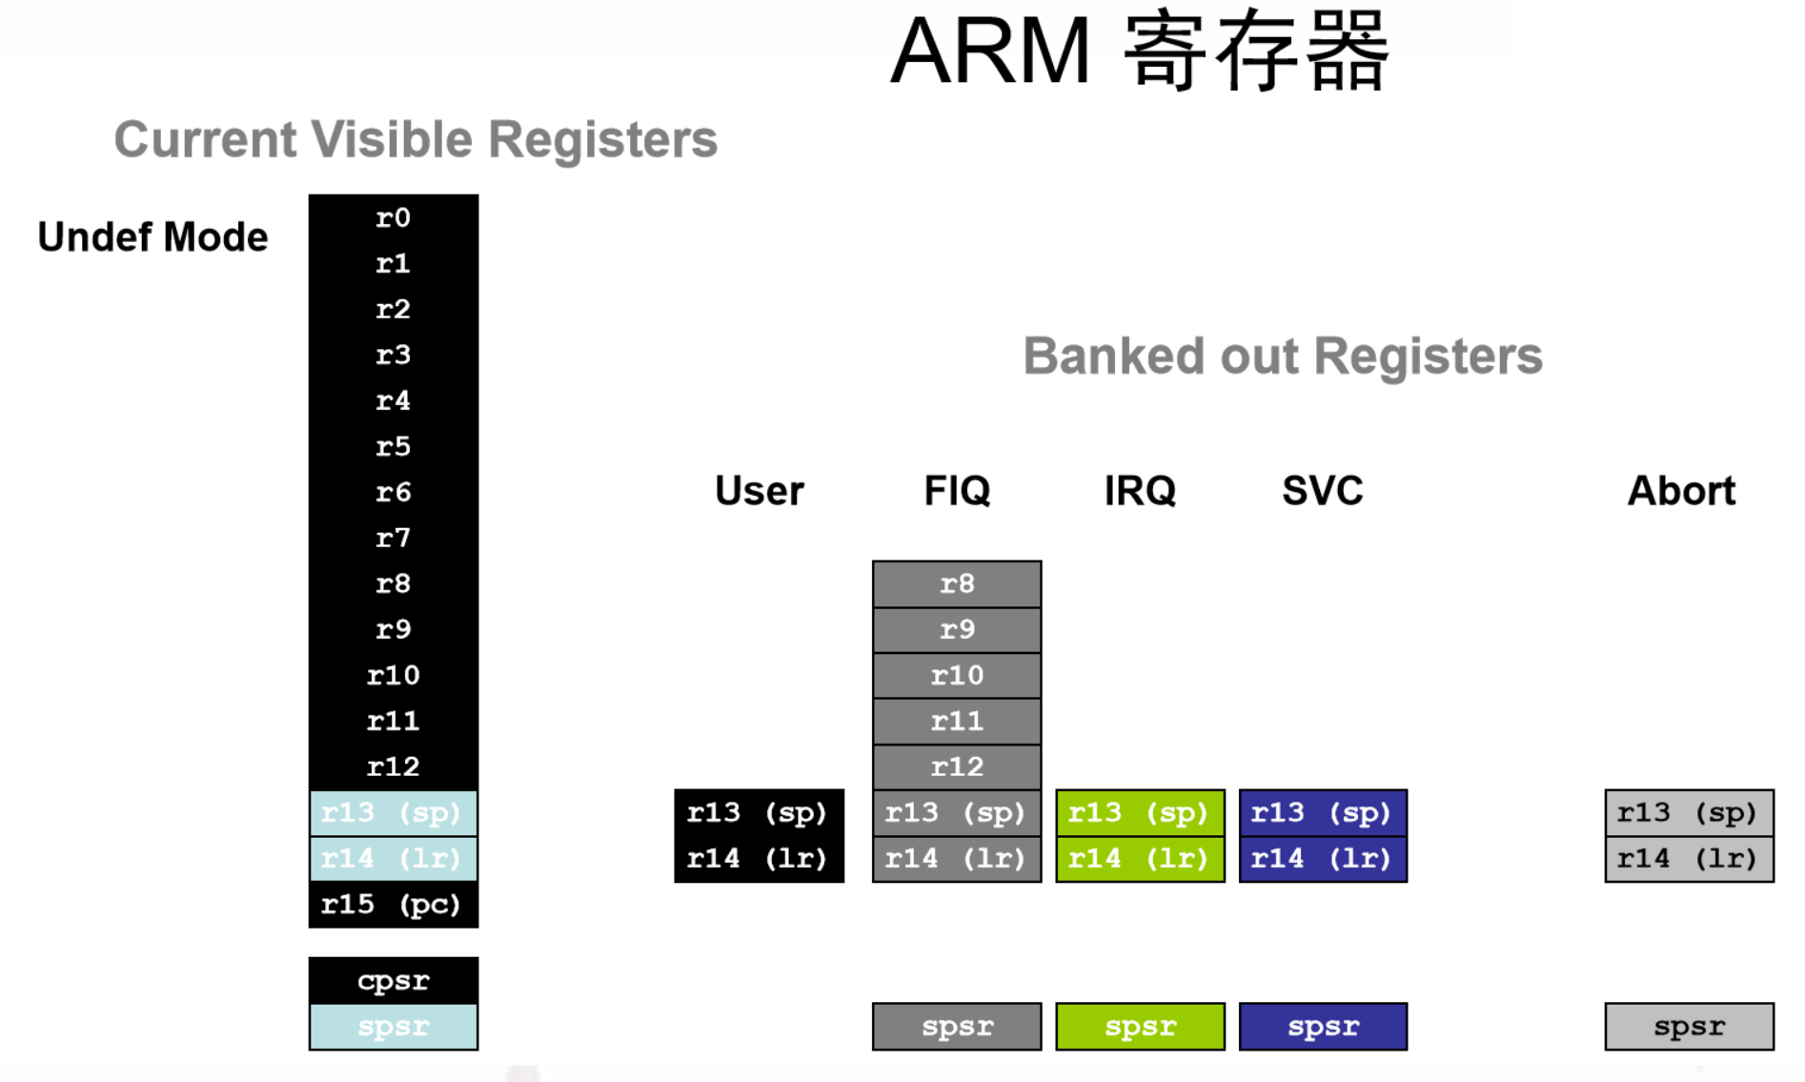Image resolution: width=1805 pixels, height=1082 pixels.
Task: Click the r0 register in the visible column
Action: click(x=393, y=218)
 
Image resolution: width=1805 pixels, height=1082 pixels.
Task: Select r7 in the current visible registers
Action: click(x=393, y=539)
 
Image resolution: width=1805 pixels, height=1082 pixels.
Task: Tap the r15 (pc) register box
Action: click(x=393, y=904)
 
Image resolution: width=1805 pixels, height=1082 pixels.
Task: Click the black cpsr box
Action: click(x=393, y=981)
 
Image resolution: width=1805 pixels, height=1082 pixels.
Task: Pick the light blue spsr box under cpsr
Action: click(x=393, y=1027)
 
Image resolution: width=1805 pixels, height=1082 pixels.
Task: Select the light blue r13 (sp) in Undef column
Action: click(x=393, y=813)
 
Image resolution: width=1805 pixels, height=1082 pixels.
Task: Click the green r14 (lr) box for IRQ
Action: click(x=1140, y=859)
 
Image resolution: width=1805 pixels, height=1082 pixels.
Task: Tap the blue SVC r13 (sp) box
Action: click(x=1323, y=813)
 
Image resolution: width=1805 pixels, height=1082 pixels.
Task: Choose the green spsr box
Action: click(x=1140, y=1027)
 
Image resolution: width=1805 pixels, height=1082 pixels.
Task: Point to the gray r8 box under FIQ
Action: click(x=957, y=583)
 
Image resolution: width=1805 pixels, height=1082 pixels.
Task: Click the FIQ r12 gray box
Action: click(x=957, y=766)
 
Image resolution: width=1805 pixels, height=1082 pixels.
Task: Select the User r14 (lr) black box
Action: click(x=759, y=859)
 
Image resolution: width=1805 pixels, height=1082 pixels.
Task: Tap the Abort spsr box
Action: click(x=1689, y=1027)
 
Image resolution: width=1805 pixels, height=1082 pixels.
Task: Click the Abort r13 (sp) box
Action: click(x=1689, y=813)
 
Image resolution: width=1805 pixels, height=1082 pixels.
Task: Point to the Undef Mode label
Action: click(x=152, y=237)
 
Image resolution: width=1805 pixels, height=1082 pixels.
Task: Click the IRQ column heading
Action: click(x=1140, y=491)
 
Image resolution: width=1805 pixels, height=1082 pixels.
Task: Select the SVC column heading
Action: click(x=1323, y=491)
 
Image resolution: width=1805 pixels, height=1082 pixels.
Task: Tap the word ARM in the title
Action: click(x=989, y=51)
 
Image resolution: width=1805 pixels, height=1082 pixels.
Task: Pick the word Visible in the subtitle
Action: click(x=392, y=139)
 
